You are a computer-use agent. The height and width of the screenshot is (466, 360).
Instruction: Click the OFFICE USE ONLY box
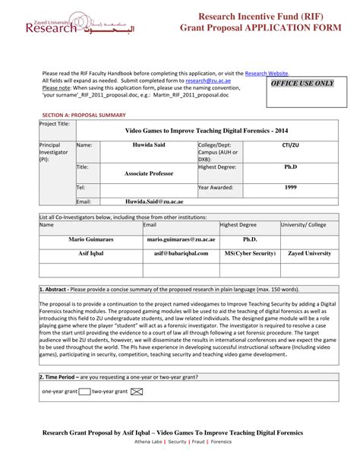pyautogui.click(x=303, y=84)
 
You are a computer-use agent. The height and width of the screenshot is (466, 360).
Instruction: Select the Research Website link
pyautogui.click(x=266, y=72)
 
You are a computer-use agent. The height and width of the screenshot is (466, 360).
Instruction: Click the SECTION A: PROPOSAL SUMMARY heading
pyautogui.click(x=84, y=113)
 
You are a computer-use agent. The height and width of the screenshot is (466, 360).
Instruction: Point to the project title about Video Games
pyautogui.click(x=191, y=130)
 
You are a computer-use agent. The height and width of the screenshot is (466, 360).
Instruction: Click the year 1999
pyautogui.click(x=289, y=187)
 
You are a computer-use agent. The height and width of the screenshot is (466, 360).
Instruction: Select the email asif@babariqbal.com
pyautogui.click(x=180, y=253)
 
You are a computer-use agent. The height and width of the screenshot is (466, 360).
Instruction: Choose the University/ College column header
pyautogui.click(x=304, y=225)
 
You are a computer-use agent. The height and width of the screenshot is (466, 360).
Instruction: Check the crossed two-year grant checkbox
pyautogui.click(x=137, y=392)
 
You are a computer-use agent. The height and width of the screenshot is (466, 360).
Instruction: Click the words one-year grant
pyautogui.click(x=60, y=392)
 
